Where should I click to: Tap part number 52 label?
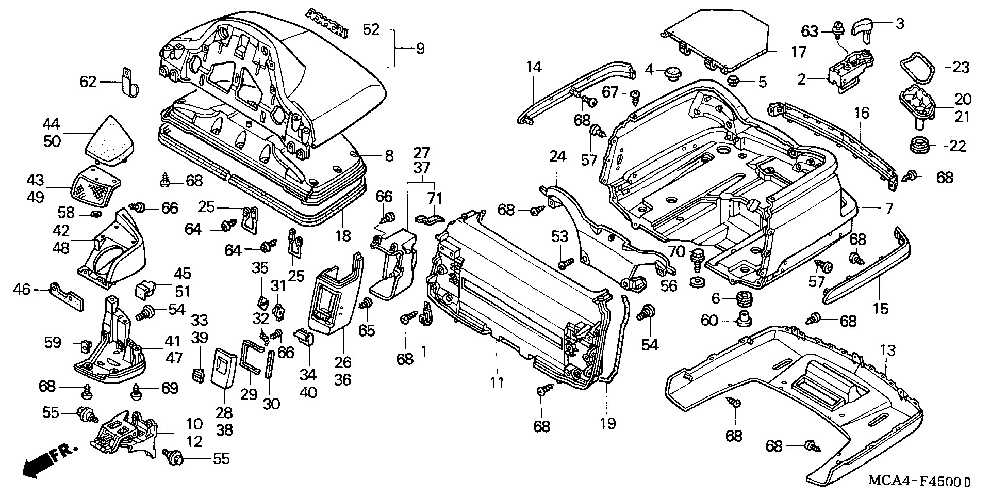click(371, 30)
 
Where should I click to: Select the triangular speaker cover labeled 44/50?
click(110, 139)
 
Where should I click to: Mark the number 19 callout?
click(608, 424)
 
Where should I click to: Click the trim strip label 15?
click(881, 309)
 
